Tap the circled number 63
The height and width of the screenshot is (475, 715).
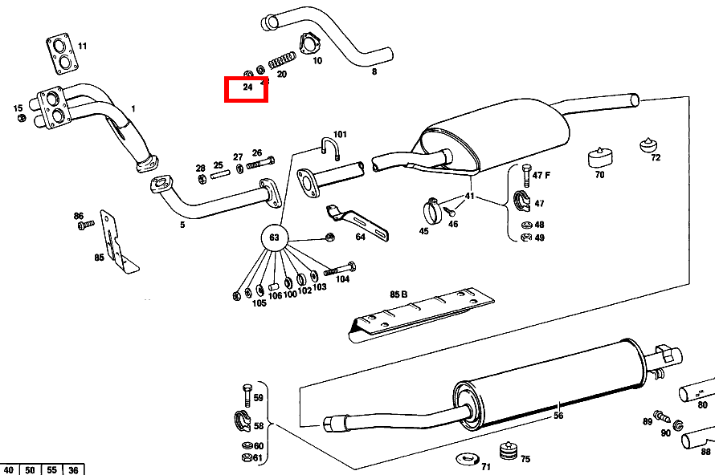[274, 237]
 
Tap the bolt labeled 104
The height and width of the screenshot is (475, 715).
[340, 268]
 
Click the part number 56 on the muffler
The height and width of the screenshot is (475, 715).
[558, 415]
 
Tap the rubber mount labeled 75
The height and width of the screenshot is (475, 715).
[506, 451]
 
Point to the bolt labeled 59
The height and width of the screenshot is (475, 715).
[247, 395]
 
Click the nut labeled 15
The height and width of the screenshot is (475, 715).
[22, 118]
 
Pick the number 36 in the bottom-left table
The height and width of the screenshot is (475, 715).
[74, 469]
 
